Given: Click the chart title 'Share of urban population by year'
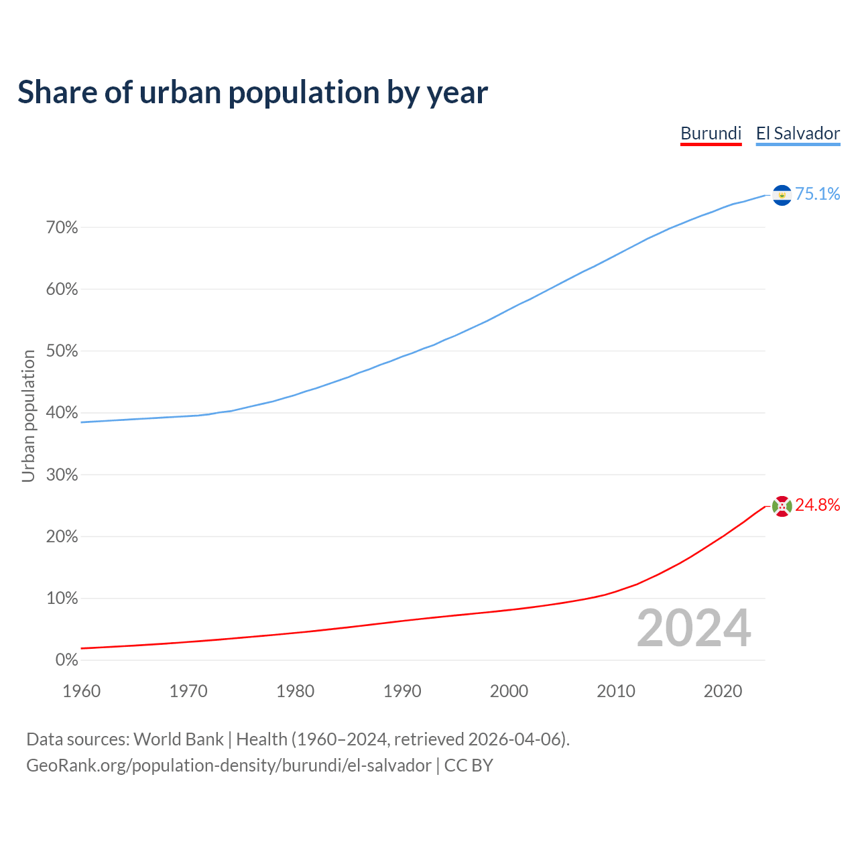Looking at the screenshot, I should pyautogui.click(x=253, y=93).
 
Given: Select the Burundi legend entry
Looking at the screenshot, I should pyautogui.click(x=711, y=133).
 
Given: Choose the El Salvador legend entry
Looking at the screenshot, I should pyautogui.click(x=798, y=133).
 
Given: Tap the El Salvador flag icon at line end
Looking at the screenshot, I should pyautogui.click(x=782, y=194).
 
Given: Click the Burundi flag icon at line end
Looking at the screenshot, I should pyautogui.click(x=782, y=506).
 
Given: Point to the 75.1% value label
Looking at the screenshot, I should pyautogui.click(x=817, y=194).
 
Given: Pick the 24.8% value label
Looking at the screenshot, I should pyautogui.click(x=817, y=505).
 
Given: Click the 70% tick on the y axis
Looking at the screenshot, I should pyautogui.click(x=62, y=228).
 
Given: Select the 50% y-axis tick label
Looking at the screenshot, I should pyautogui.click(x=62, y=351).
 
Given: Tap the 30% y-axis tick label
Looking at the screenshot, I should pyautogui.click(x=62, y=475).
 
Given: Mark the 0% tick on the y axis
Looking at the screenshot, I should pyautogui.click(x=67, y=660).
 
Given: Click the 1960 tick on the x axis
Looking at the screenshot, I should pyautogui.click(x=81, y=691).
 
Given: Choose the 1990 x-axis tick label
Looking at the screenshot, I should pyautogui.click(x=402, y=691).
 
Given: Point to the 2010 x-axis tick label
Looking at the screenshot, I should pyautogui.click(x=616, y=691).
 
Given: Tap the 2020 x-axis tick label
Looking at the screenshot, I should pyautogui.click(x=723, y=691).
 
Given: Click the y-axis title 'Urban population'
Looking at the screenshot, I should pyautogui.click(x=28, y=416).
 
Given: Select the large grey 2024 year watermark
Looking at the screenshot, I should pyautogui.click(x=694, y=628).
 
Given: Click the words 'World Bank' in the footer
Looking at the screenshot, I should pyautogui.click(x=178, y=739).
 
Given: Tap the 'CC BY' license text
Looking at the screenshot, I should pyautogui.click(x=469, y=765).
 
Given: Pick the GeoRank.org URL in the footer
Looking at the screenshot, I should pyautogui.click(x=229, y=765).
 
